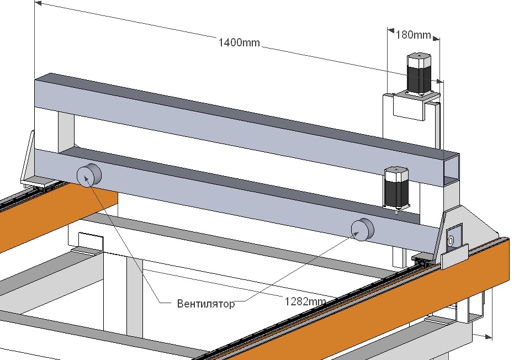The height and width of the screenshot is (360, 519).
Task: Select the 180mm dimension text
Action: point(414,35)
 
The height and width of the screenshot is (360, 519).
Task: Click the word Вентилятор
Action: point(206,303)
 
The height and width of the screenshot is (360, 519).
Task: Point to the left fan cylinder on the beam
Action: point(88,175)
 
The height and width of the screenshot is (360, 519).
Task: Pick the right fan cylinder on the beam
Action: point(363,229)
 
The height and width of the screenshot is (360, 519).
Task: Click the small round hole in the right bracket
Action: point(451,241)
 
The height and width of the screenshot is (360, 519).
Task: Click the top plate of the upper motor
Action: point(419,56)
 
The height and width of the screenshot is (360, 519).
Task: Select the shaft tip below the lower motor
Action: point(396,210)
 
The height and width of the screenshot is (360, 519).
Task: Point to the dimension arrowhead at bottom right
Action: point(489,335)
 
